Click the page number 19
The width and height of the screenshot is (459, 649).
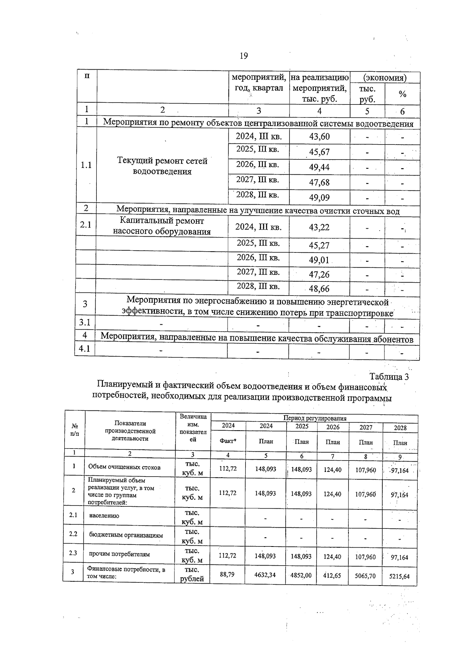[244, 56]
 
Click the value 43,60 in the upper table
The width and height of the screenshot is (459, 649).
[319, 137]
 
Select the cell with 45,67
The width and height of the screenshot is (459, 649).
[319, 152]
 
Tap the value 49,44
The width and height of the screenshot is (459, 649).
[319, 167]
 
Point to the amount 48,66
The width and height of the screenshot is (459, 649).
[319, 289]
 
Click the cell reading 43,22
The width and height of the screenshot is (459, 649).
[319, 227]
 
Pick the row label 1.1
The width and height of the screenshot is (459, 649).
[86, 165]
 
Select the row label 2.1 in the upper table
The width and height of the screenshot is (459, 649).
[86, 224]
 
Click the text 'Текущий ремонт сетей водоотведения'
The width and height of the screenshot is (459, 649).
[162, 166]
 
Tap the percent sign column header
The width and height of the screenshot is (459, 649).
[402, 94]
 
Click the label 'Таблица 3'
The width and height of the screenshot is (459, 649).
[389, 377]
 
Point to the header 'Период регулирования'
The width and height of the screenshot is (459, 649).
[314, 418]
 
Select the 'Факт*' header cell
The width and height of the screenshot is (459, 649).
[228, 441]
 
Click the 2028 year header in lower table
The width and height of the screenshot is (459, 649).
[400, 428]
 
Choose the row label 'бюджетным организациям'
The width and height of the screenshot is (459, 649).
[126, 535]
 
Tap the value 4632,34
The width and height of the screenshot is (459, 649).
[265, 574]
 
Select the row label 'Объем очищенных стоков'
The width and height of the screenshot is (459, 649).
[124, 467]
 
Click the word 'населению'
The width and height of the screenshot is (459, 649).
[104, 516]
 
